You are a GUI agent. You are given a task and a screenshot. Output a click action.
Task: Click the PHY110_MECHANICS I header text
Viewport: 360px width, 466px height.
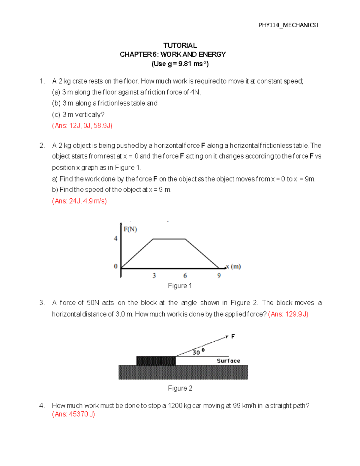coord(288,25)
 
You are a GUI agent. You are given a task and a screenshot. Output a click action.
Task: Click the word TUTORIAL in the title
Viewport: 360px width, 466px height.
coord(180,45)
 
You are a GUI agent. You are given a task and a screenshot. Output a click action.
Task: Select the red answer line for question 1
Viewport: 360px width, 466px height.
coord(82,126)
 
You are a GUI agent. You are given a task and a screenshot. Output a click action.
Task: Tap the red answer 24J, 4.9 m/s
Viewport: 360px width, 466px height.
coord(79,201)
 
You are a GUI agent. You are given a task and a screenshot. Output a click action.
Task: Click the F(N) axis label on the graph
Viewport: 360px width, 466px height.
coord(130,230)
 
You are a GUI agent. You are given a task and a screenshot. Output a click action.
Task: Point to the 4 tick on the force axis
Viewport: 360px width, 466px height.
coord(115,239)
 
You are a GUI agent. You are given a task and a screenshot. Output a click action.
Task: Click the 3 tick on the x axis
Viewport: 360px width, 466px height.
coord(154,275)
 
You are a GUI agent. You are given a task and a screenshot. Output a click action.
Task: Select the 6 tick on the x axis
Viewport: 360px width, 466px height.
coord(185,275)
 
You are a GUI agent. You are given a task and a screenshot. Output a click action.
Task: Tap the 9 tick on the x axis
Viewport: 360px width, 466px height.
coord(219,275)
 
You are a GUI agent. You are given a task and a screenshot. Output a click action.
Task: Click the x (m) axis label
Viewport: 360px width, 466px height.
coord(234,266)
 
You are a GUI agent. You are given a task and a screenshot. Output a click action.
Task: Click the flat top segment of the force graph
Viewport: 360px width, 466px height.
coord(169,239)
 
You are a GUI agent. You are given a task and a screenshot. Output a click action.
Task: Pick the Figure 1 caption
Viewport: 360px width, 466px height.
coord(180,286)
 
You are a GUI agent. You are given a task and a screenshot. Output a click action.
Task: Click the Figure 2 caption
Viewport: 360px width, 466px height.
coord(180,388)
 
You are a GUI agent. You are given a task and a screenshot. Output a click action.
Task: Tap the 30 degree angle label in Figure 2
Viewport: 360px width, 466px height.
coord(198,352)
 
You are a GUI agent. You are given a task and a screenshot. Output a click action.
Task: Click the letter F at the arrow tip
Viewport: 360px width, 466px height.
coord(233,337)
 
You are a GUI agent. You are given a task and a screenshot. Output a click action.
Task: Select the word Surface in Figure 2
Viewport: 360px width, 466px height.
coord(228,361)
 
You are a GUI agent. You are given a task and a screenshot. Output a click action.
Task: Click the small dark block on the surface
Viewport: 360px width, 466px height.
coord(156,361)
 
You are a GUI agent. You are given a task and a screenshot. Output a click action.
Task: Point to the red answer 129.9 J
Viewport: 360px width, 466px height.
coord(288,314)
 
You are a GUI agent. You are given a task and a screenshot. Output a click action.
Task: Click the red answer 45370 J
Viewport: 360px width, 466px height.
coord(73,414)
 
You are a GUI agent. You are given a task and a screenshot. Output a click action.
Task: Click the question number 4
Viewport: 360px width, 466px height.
coord(42,406)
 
